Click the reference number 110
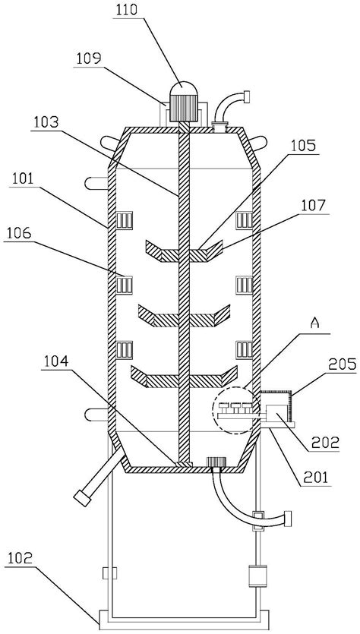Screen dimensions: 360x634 click(127, 11)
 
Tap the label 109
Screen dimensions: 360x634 click(88, 59)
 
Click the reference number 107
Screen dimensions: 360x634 click(314, 206)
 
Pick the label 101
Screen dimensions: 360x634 click(24, 179)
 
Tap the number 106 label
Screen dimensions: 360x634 click(18, 233)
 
